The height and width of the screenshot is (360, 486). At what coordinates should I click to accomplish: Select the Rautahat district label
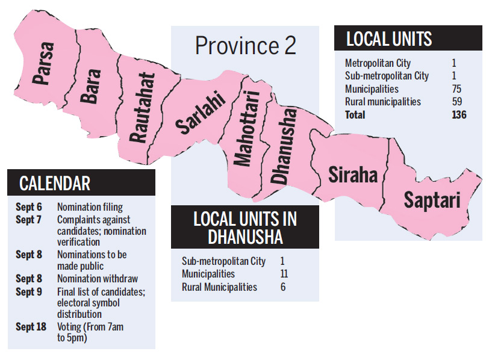tap(144, 108)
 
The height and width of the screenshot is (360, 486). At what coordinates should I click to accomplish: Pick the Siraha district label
tap(353, 175)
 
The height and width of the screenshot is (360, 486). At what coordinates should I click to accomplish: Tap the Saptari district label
tap(432, 199)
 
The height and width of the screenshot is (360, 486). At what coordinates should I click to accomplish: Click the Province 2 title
tap(246, 45)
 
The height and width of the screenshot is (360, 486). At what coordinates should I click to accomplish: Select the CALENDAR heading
tap(55, 183)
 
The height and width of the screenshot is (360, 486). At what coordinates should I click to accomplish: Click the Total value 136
tap(459, 114)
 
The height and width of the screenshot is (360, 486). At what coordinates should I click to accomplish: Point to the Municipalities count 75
tap(457, 89)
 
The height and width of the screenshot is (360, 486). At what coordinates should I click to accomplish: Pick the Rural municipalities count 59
tap(457, 102)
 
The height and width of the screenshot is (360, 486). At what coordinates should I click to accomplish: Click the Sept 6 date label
tap(28, 207)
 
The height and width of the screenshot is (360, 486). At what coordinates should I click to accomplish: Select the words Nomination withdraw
tap(97, 279)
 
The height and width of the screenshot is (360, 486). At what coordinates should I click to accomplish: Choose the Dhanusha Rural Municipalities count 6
tap(282, 287)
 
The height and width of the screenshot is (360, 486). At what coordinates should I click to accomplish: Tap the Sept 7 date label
tap(28, 220)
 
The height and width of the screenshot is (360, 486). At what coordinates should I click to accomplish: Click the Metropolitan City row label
tap(379, 63)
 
